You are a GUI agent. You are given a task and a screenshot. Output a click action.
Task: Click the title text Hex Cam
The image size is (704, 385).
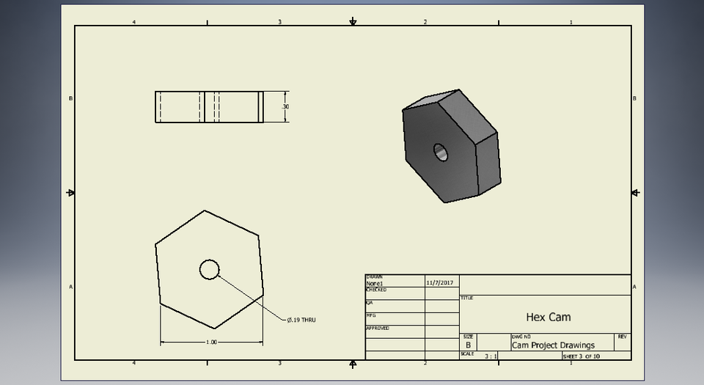[x=548, y=318]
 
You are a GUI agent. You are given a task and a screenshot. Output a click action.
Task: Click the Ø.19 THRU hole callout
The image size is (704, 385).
[x=301, y=320]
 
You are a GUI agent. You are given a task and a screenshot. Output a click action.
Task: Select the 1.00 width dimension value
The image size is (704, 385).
[x=211, y=342]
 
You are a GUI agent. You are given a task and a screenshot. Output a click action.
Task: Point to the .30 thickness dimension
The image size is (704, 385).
[x=285, y=107]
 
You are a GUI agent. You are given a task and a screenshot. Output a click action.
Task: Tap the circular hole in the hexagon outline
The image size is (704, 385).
[x=209, y=270]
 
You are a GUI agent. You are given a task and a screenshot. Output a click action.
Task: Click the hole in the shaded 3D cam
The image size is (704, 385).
[x=440, y=152]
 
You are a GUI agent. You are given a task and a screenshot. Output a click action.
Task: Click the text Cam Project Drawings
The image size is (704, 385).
[x=553, y=345]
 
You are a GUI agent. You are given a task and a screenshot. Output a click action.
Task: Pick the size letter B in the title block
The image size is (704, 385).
[x=468, y=345]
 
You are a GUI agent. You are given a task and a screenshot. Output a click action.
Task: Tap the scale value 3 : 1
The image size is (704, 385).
[x=491, y=356]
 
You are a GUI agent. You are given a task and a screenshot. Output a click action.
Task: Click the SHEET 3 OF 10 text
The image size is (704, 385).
[x=582, y=356]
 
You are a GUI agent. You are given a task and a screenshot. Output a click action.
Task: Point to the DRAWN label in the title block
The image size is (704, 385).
[x=373, y=276]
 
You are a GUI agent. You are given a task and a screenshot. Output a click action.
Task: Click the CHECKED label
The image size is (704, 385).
[x=376, y=290]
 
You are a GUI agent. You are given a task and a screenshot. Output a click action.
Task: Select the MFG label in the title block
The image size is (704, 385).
[x=371, y=315]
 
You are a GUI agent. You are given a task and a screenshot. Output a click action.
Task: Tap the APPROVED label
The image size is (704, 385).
[x=378, y=328]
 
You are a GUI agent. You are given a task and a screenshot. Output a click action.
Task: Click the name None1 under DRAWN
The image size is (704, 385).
[x=375, y=283]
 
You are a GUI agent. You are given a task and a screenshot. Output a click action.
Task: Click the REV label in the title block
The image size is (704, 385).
[x=622, y=337]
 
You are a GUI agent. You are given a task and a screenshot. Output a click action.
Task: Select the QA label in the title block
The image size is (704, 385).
[x=370, y=302]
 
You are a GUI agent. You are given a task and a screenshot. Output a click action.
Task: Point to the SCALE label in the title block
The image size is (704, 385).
[x=467, y=353]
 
